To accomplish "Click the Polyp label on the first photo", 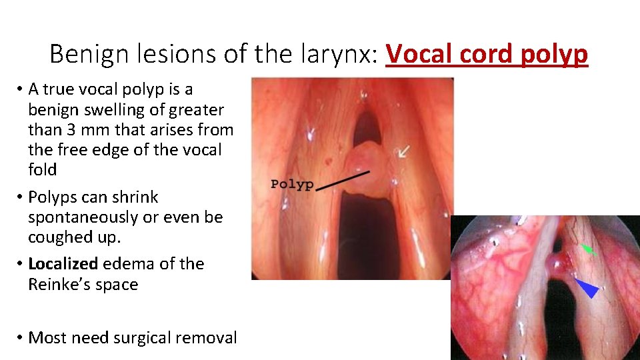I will [x=292, y=185].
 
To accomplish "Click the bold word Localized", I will [x=63, y=264].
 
